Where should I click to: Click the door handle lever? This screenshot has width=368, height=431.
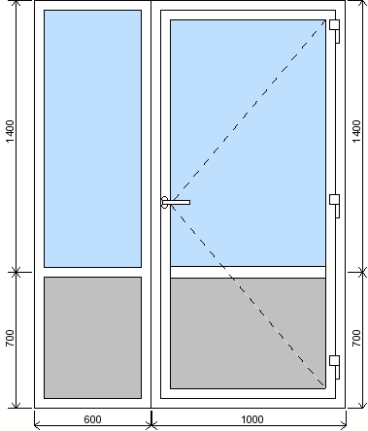click(176, 202)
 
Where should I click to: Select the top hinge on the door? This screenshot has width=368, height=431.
click(335, 31)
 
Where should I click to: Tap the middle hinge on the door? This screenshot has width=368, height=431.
click(335, 206)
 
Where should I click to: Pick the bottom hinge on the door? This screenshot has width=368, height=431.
click(335, 367)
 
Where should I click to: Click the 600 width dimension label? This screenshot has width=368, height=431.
click(92, 419)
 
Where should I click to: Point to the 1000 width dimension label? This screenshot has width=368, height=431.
click(252, 419)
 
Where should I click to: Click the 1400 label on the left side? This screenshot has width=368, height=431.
click(11, 131)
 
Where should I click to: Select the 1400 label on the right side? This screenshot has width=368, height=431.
click(356, 131)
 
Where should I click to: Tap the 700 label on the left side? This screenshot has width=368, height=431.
click(11, 338)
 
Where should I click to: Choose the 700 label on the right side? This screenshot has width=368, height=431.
click(356, 338)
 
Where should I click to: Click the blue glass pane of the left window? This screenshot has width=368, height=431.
click(92, 139)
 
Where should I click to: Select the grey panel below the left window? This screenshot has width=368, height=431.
click(92, 338)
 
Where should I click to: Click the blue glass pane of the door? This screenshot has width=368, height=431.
click(248, 143)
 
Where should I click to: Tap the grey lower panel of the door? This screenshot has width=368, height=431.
click(248, 333)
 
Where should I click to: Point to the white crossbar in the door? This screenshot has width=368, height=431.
click(248, 272)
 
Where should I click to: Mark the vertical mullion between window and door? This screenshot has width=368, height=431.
click(151, 204)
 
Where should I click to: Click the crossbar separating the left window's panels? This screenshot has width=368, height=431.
click(92, 272)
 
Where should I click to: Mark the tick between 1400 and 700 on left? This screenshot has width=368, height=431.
click(17, 272)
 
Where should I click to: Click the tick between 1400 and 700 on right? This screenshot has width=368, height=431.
click(361, 272)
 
